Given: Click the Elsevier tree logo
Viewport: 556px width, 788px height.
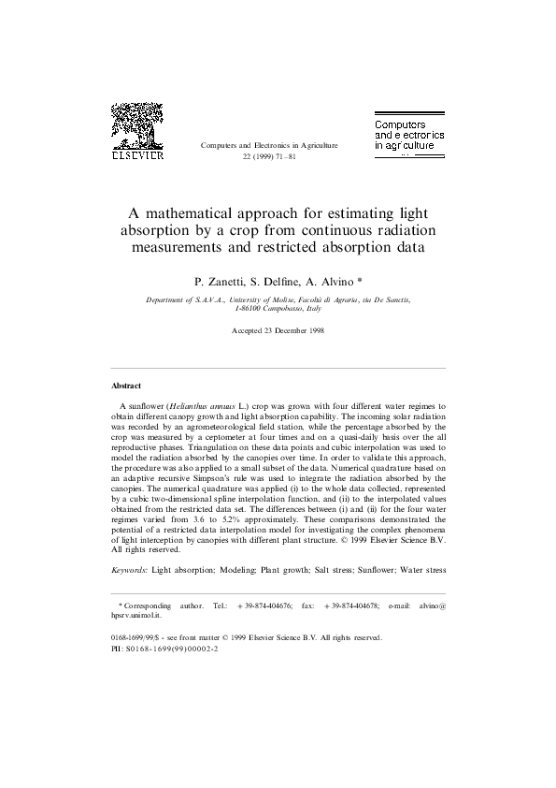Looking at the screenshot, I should (136, 124).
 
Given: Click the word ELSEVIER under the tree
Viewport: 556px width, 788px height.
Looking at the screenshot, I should (137, 155).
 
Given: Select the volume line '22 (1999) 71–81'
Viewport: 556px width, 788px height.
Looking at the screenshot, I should (269, 157).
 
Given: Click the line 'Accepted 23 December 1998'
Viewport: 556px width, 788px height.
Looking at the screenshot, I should (278, 331).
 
